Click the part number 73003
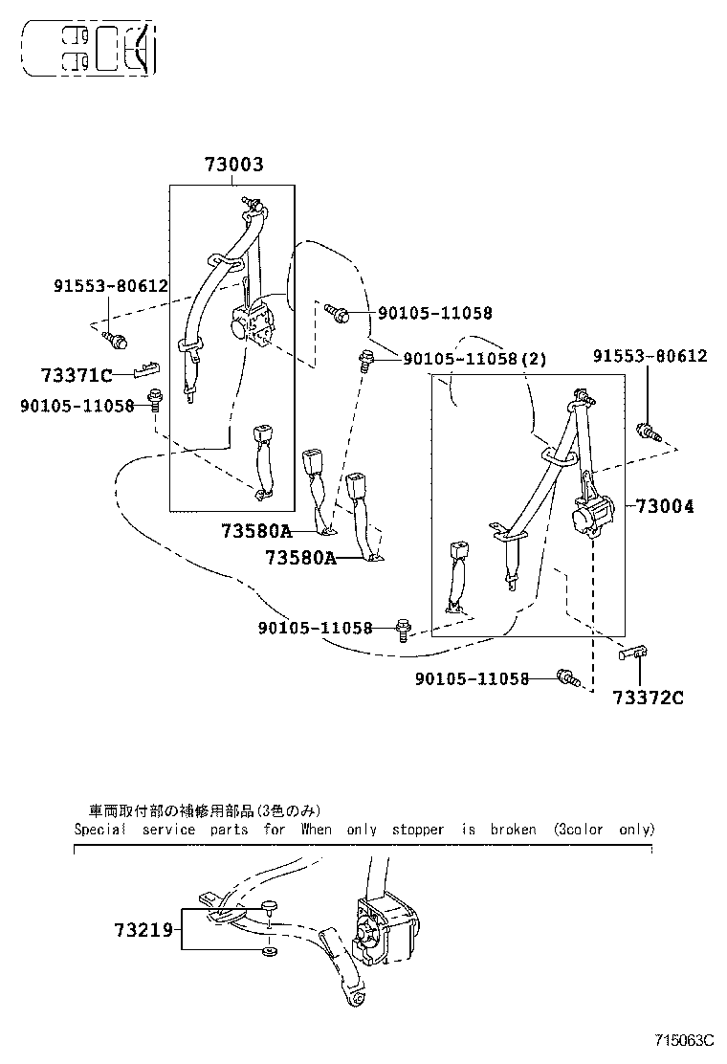pyautogui.click(x=233, y=165)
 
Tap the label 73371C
pyautogui.click(x=77, y=374)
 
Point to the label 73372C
pyautogui.click(x=649, y=697)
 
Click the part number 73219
pyautogui.click(x=143, y=929)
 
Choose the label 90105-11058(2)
pyautogui.click(x=475, y=359)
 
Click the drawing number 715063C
pyautogui.click(x=685, y=1040)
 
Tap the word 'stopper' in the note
pyautogui.click(x=418, y=830)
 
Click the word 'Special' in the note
pyautogui.click(x=100, y=830)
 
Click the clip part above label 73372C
pyautogui.click(x=632, y=654)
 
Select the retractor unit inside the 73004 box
pyautogui.click(x=590, y=515)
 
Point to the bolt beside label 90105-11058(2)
pyautogui.click(x=365, y=359)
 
